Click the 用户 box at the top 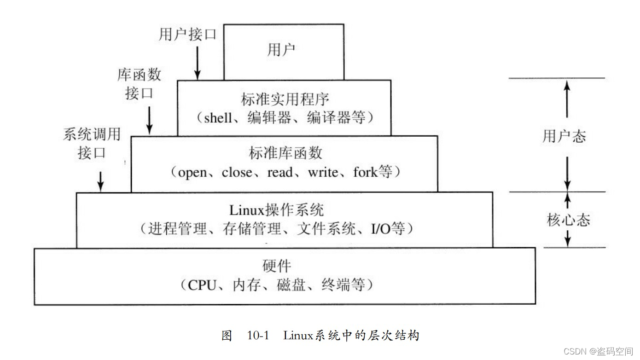point(284,51)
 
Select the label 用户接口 point(187,35)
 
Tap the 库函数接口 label point(139,84)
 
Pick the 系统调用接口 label point(92,143)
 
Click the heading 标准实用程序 point(285,99)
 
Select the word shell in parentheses point(218,117)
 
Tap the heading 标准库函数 point(285,153)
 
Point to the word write point(323,173)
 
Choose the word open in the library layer point(192,173)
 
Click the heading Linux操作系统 point(277,210)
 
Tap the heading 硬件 point(277,266)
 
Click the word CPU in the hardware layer point(202,285)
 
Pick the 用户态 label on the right point(564,136)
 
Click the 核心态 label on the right point(568,220)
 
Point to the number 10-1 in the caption point(258,336)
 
